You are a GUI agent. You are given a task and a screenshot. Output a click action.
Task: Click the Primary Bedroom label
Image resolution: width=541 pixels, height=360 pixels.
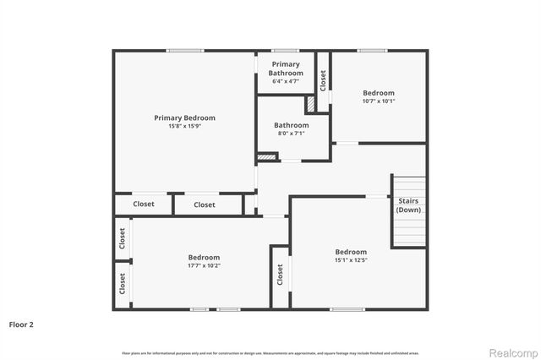pyautogui.click(x=184, y=117)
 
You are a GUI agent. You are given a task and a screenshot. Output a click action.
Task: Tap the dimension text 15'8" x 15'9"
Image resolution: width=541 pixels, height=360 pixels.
pyautogui.click(x=184, y=127)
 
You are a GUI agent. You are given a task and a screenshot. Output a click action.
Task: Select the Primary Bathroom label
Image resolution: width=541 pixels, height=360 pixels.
pyautogui.click(x=286, y=68)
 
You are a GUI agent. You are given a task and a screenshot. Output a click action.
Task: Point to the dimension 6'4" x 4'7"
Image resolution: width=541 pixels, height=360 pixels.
pyautogui.click(x=286, y=82)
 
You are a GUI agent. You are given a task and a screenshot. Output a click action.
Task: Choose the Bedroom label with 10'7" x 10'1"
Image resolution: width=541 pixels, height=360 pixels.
pyautogui.click(x=379, y=93)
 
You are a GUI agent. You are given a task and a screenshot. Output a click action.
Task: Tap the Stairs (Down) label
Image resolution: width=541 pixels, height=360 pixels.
pyautogui.click(x=408, y=205)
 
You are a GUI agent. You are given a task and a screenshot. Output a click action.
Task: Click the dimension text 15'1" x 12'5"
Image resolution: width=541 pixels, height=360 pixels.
pyautogui.click(x=351, y=260)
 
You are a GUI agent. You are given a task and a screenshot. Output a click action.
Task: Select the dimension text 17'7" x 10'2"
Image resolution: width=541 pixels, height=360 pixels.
pyautogui.click(x=204, y=266)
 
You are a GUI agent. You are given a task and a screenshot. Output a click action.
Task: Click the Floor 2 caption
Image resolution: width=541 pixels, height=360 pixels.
pyautogui.click(x=21, y=324)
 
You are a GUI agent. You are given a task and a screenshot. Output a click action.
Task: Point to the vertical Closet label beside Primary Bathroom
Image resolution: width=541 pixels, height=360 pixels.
pyautogui.click(x=323, y=79)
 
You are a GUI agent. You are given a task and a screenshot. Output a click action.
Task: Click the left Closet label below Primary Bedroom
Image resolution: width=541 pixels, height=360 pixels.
pyautogui.click(x=144, y=205)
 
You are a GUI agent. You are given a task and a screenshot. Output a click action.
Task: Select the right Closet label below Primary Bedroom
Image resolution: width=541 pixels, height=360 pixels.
pyautogui.click(x=205, y=205)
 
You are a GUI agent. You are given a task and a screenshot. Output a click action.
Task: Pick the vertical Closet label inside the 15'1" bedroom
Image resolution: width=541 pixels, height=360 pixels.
pyautogui.click(x=280, y=275)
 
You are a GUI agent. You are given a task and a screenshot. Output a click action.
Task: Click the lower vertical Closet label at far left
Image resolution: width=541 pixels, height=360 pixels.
pyautogui.click(x=123, y=284)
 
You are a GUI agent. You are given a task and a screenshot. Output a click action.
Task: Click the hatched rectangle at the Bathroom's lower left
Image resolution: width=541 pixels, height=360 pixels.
pyautogui.click(x=267, y=155)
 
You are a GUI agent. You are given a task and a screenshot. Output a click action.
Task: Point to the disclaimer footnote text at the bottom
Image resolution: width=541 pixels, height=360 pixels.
pyautogui.click(x=270, y=351)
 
